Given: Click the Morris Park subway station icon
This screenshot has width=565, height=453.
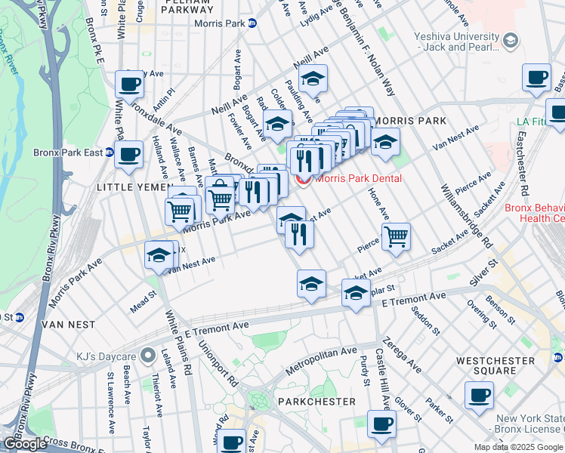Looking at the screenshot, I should pos(252,23).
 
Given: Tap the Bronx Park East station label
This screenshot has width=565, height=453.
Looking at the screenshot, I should pos(68,153).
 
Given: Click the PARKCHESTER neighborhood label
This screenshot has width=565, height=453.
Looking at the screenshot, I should pos(316,401).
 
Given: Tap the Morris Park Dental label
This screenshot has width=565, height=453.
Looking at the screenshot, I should pos(358,179).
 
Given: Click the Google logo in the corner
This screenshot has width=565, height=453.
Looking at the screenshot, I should pos(25,444).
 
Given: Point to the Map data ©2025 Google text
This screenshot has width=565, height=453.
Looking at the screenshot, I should pos(519,447).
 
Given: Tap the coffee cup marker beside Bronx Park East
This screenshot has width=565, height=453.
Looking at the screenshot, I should pos(128,154).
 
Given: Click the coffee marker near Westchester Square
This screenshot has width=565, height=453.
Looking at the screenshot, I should pos(478,395).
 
